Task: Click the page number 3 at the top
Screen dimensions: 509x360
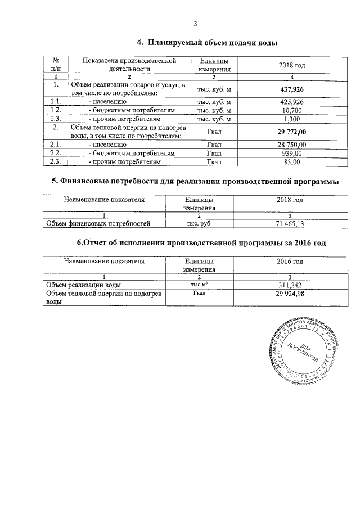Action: (x=195, y=24)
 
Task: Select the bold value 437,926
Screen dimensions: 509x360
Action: (x=292, y=89)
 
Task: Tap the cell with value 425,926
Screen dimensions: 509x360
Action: (x=292, y=102)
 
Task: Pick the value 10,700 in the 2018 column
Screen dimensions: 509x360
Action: (x=292, y=111)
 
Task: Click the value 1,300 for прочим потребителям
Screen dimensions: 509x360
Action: (x=292, y=119)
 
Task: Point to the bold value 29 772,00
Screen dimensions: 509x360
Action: (x=292, y=132)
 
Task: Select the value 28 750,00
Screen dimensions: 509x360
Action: (x=292, y=145)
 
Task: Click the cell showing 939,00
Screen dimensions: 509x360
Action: (x=292, y=153)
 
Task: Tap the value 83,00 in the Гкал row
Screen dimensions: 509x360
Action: (x=292, y=162)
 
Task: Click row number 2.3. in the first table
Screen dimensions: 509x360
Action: (x=55, y=162)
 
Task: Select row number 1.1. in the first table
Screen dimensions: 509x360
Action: (x=55, y=102)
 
